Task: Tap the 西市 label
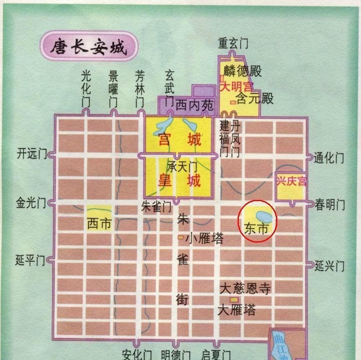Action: coord(100,224)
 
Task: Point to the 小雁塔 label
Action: coord(205,238)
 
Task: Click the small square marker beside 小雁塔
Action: coord(181,238)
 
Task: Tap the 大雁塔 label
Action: coord(237,310)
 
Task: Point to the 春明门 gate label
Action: coord(330,205)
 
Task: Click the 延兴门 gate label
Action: coord(330,265)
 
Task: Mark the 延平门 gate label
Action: coord(30,260)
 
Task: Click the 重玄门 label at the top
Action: coord(233,43)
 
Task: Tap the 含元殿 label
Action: coord(255,99)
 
